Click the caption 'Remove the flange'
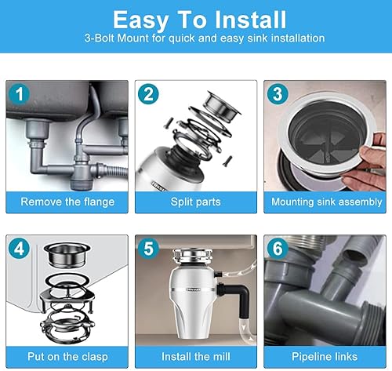point(67,202)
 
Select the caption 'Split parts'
point(196,202)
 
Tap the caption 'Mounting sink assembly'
point(325,202)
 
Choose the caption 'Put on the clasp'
point(67,357)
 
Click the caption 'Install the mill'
point(196,357)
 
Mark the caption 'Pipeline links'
point(325,357)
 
